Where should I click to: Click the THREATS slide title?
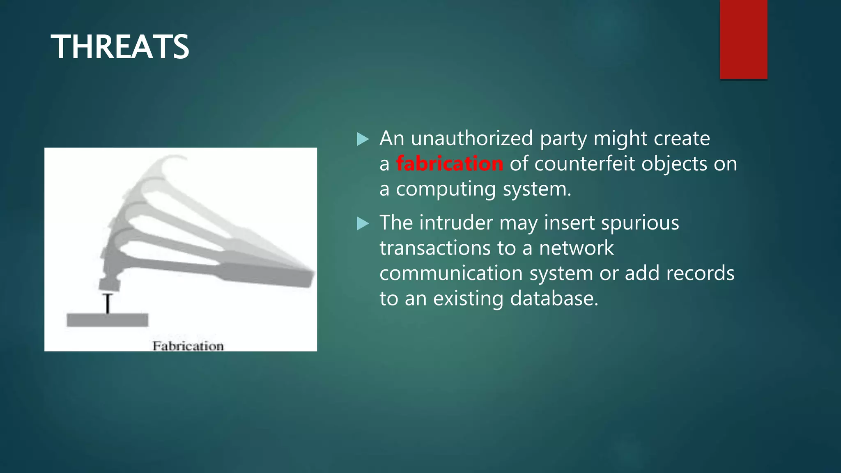point(119,47)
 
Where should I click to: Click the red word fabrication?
point(449,164)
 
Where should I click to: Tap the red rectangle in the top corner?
point(743,39)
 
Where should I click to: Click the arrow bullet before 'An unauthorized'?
point(363,139)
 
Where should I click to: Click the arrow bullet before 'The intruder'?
point(363,224)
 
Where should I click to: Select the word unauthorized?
point(472,138)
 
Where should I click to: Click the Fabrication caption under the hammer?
point(188,346)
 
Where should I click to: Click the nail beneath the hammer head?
point(108,303)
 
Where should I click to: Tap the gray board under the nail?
point(107,320)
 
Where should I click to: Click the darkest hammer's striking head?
point(109,283)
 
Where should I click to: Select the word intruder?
point(456,223)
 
